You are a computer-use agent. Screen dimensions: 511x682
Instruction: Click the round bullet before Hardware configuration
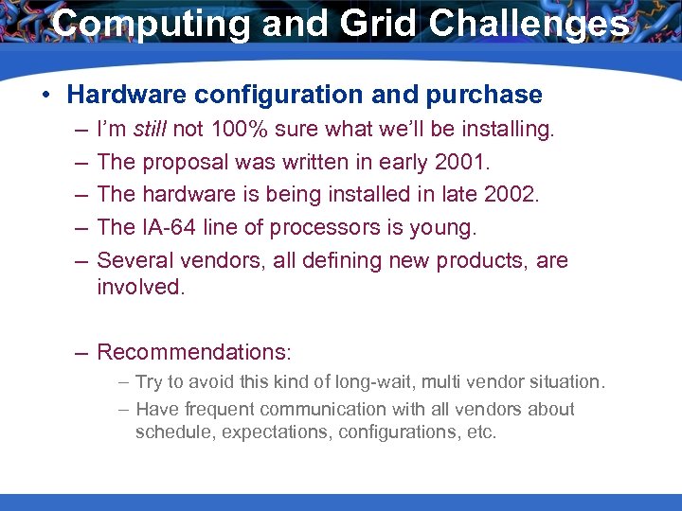45,96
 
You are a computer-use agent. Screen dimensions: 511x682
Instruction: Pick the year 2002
509,195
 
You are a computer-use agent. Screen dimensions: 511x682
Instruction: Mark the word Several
132,260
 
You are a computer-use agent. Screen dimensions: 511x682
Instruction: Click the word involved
140,287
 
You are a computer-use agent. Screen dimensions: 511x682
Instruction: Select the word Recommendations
193,353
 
